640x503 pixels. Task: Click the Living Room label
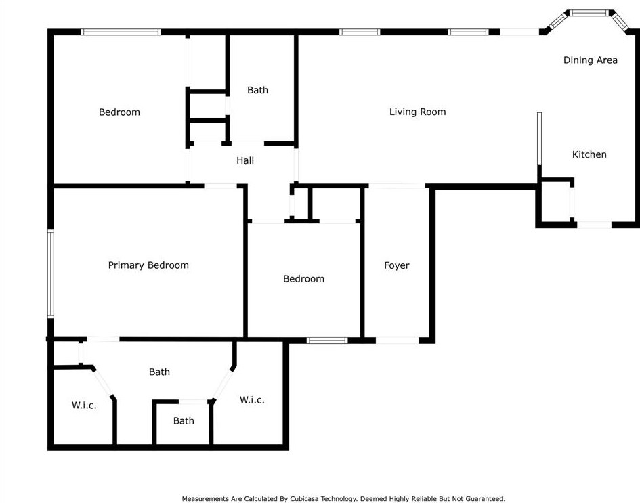point(417,112)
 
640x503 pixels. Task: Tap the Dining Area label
point(590,60)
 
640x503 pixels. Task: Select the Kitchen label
point(589,154)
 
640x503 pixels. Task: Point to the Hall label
point(245,160)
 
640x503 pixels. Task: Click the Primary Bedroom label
point(148,265)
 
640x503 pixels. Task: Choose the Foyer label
point(396,265)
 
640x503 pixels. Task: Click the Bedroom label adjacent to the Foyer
point(303,278)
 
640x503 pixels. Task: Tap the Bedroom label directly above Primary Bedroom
point(119,112)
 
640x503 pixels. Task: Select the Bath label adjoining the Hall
point(257,90)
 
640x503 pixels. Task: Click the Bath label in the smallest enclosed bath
point(184,420)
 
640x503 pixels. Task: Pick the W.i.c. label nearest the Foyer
point(252,399)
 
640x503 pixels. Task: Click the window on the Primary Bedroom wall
point(50,274)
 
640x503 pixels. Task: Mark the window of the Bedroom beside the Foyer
point(327,340)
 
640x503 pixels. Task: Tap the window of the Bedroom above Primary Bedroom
point(121,31)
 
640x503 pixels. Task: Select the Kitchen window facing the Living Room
point(540,139)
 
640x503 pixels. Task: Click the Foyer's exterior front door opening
point(397,340)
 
